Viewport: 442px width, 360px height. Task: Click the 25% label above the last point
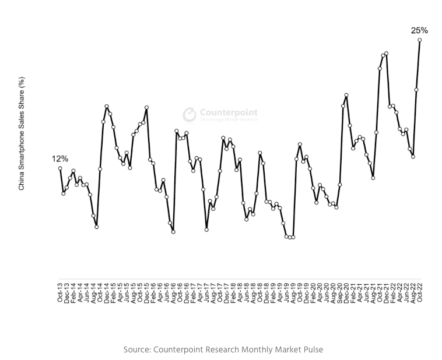tap(419, 30)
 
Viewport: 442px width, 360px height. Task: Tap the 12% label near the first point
tap(60, 158)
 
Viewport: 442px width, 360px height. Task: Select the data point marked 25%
tap(419, 40)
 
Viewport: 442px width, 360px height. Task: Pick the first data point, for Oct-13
tap(60, 168)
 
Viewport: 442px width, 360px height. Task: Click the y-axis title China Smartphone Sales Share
tap(22, 135)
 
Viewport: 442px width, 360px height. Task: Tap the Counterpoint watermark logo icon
tap(190, 114)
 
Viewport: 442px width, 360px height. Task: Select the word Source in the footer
tap(136, 350)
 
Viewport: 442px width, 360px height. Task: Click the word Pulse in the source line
tap(311, 350)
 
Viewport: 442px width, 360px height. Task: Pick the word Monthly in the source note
tap(252, 350)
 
